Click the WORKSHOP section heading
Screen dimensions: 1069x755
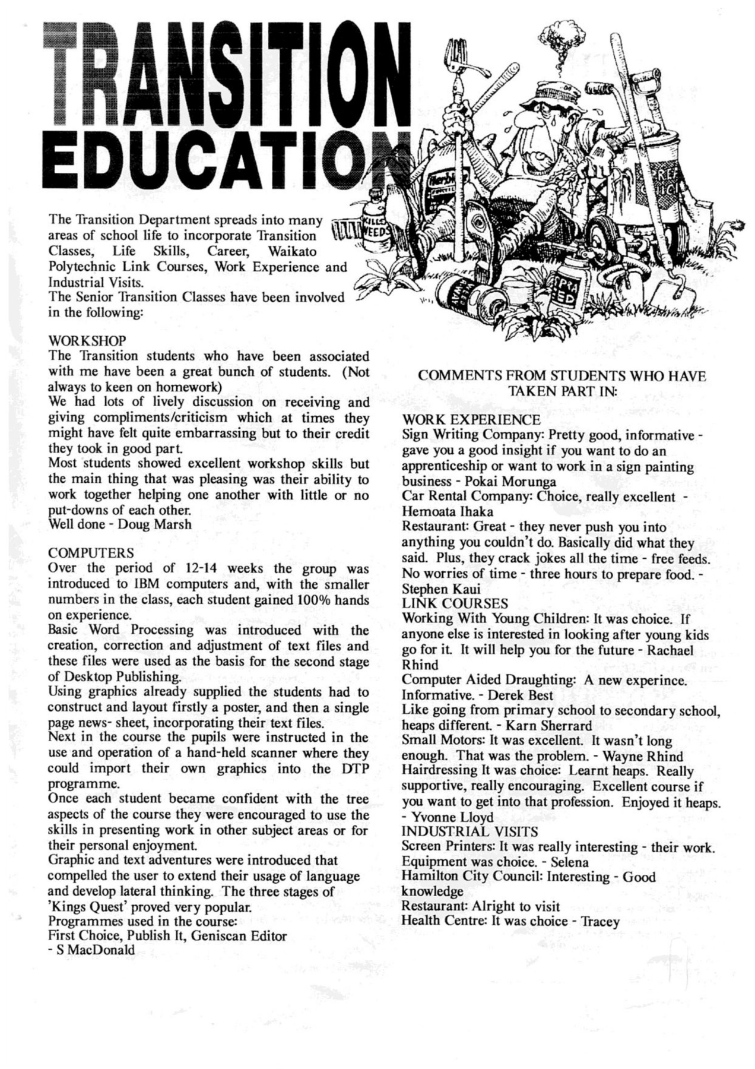(87, 341)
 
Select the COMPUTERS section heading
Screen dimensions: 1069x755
(91, 553)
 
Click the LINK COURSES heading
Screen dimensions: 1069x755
(455, 604)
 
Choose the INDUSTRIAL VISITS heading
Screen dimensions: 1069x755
(470, 831)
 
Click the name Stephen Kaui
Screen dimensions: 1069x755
(441, 589)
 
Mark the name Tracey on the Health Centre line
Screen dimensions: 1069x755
(599, 921)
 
